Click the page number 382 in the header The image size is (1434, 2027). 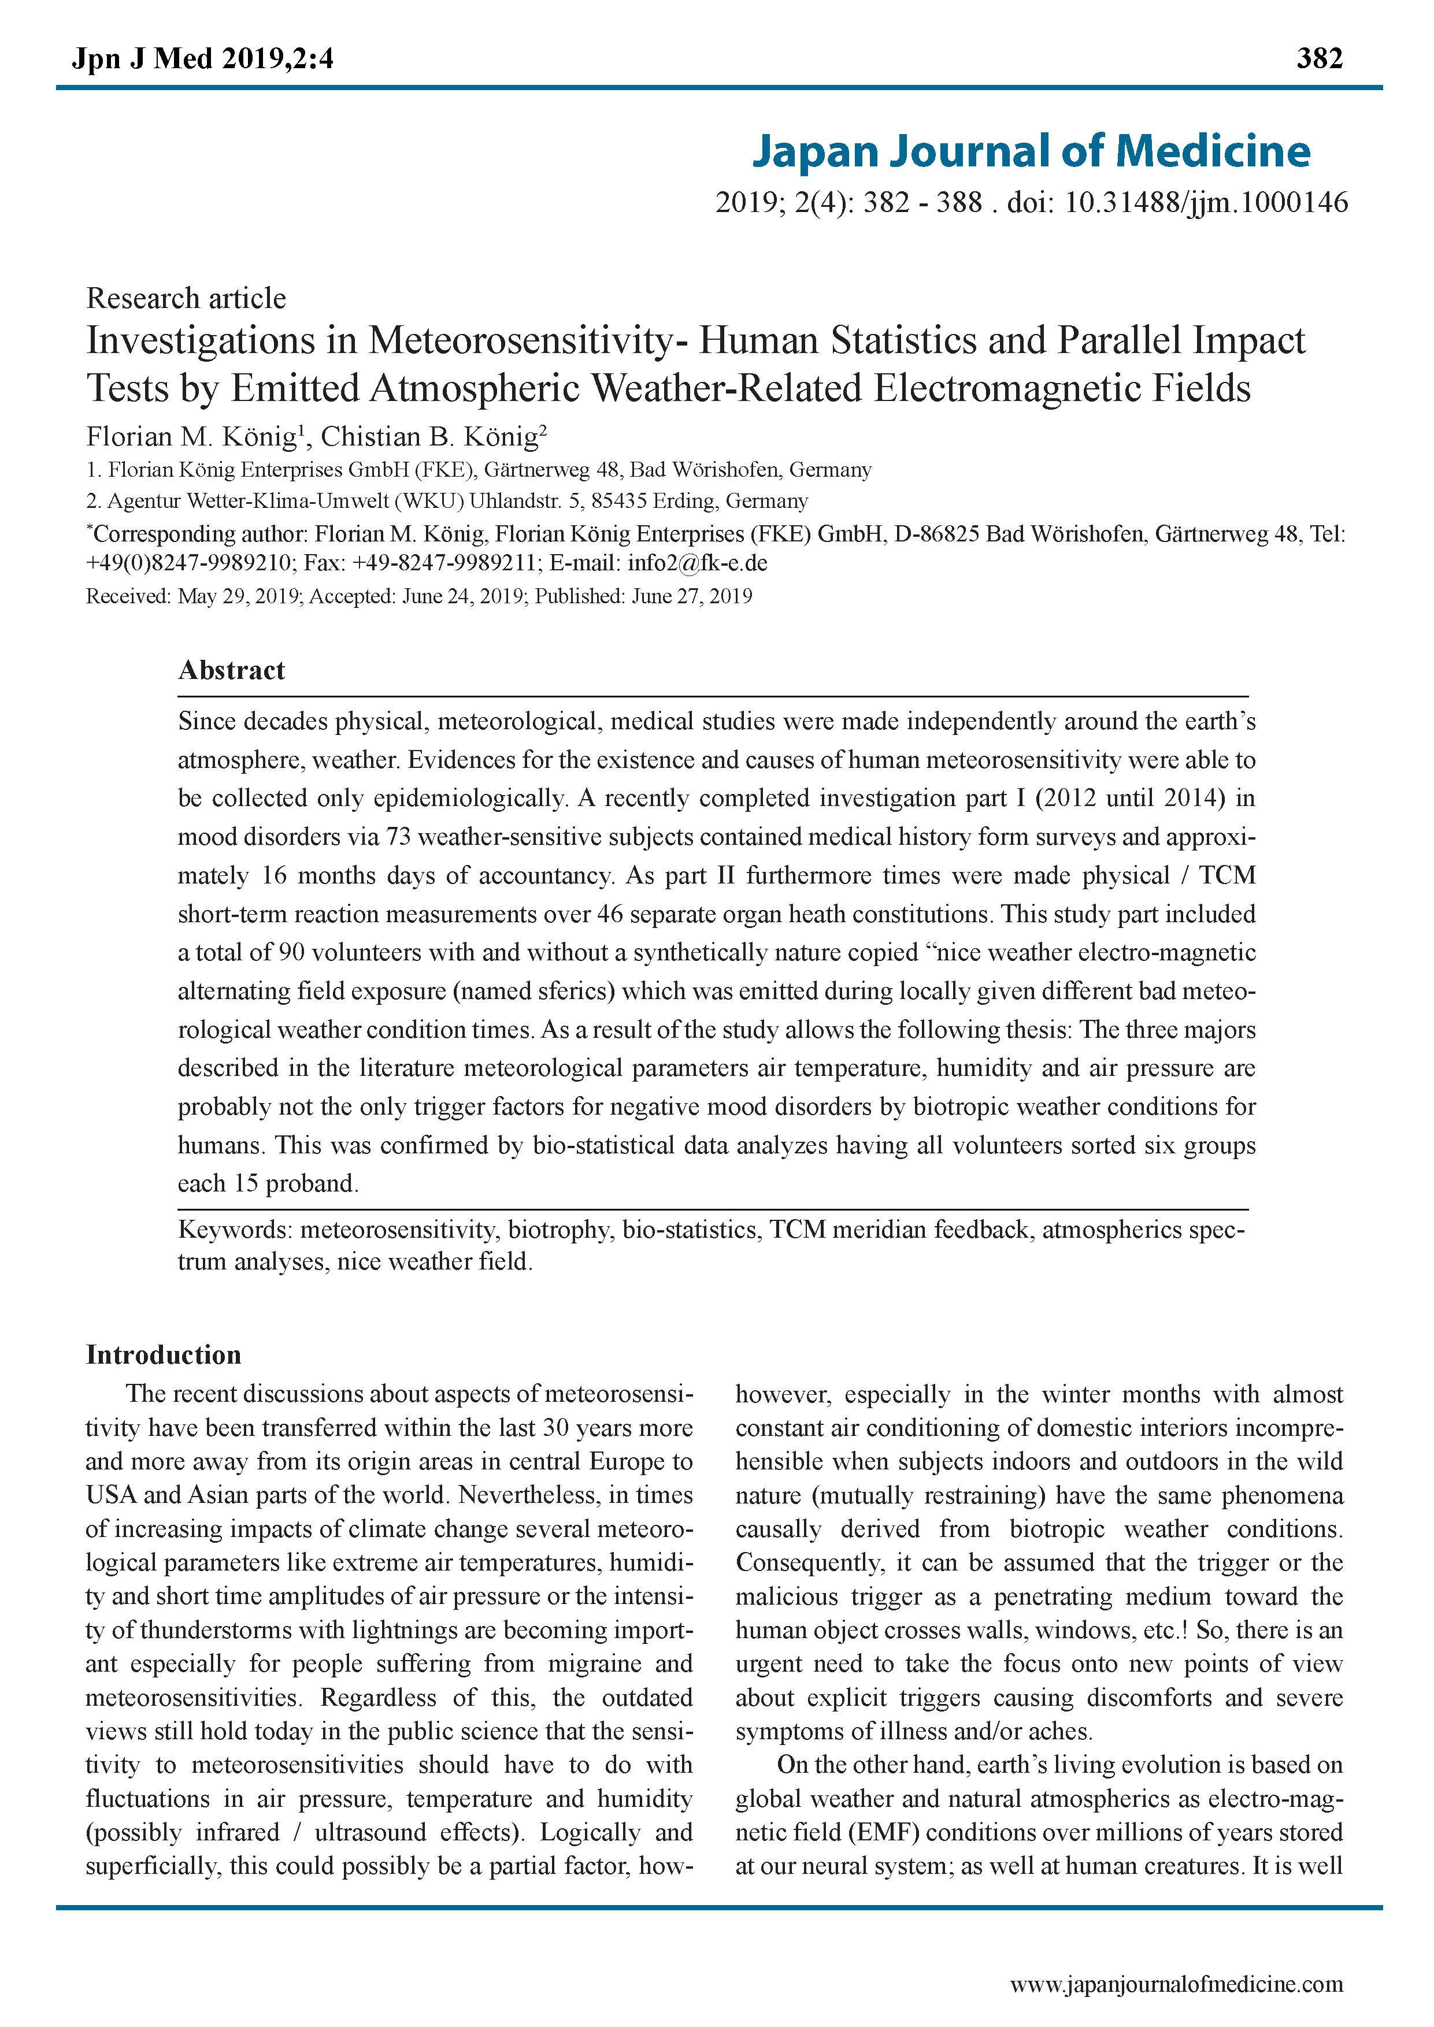tap(1319, 58)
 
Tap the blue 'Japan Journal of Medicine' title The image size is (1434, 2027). tap(1031, 151)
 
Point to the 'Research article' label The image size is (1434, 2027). tap(186, 298)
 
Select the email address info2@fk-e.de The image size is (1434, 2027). tap(698, 563)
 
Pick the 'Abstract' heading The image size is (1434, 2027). tap(231, 670)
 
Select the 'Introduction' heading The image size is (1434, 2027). tap(164, 1355)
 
